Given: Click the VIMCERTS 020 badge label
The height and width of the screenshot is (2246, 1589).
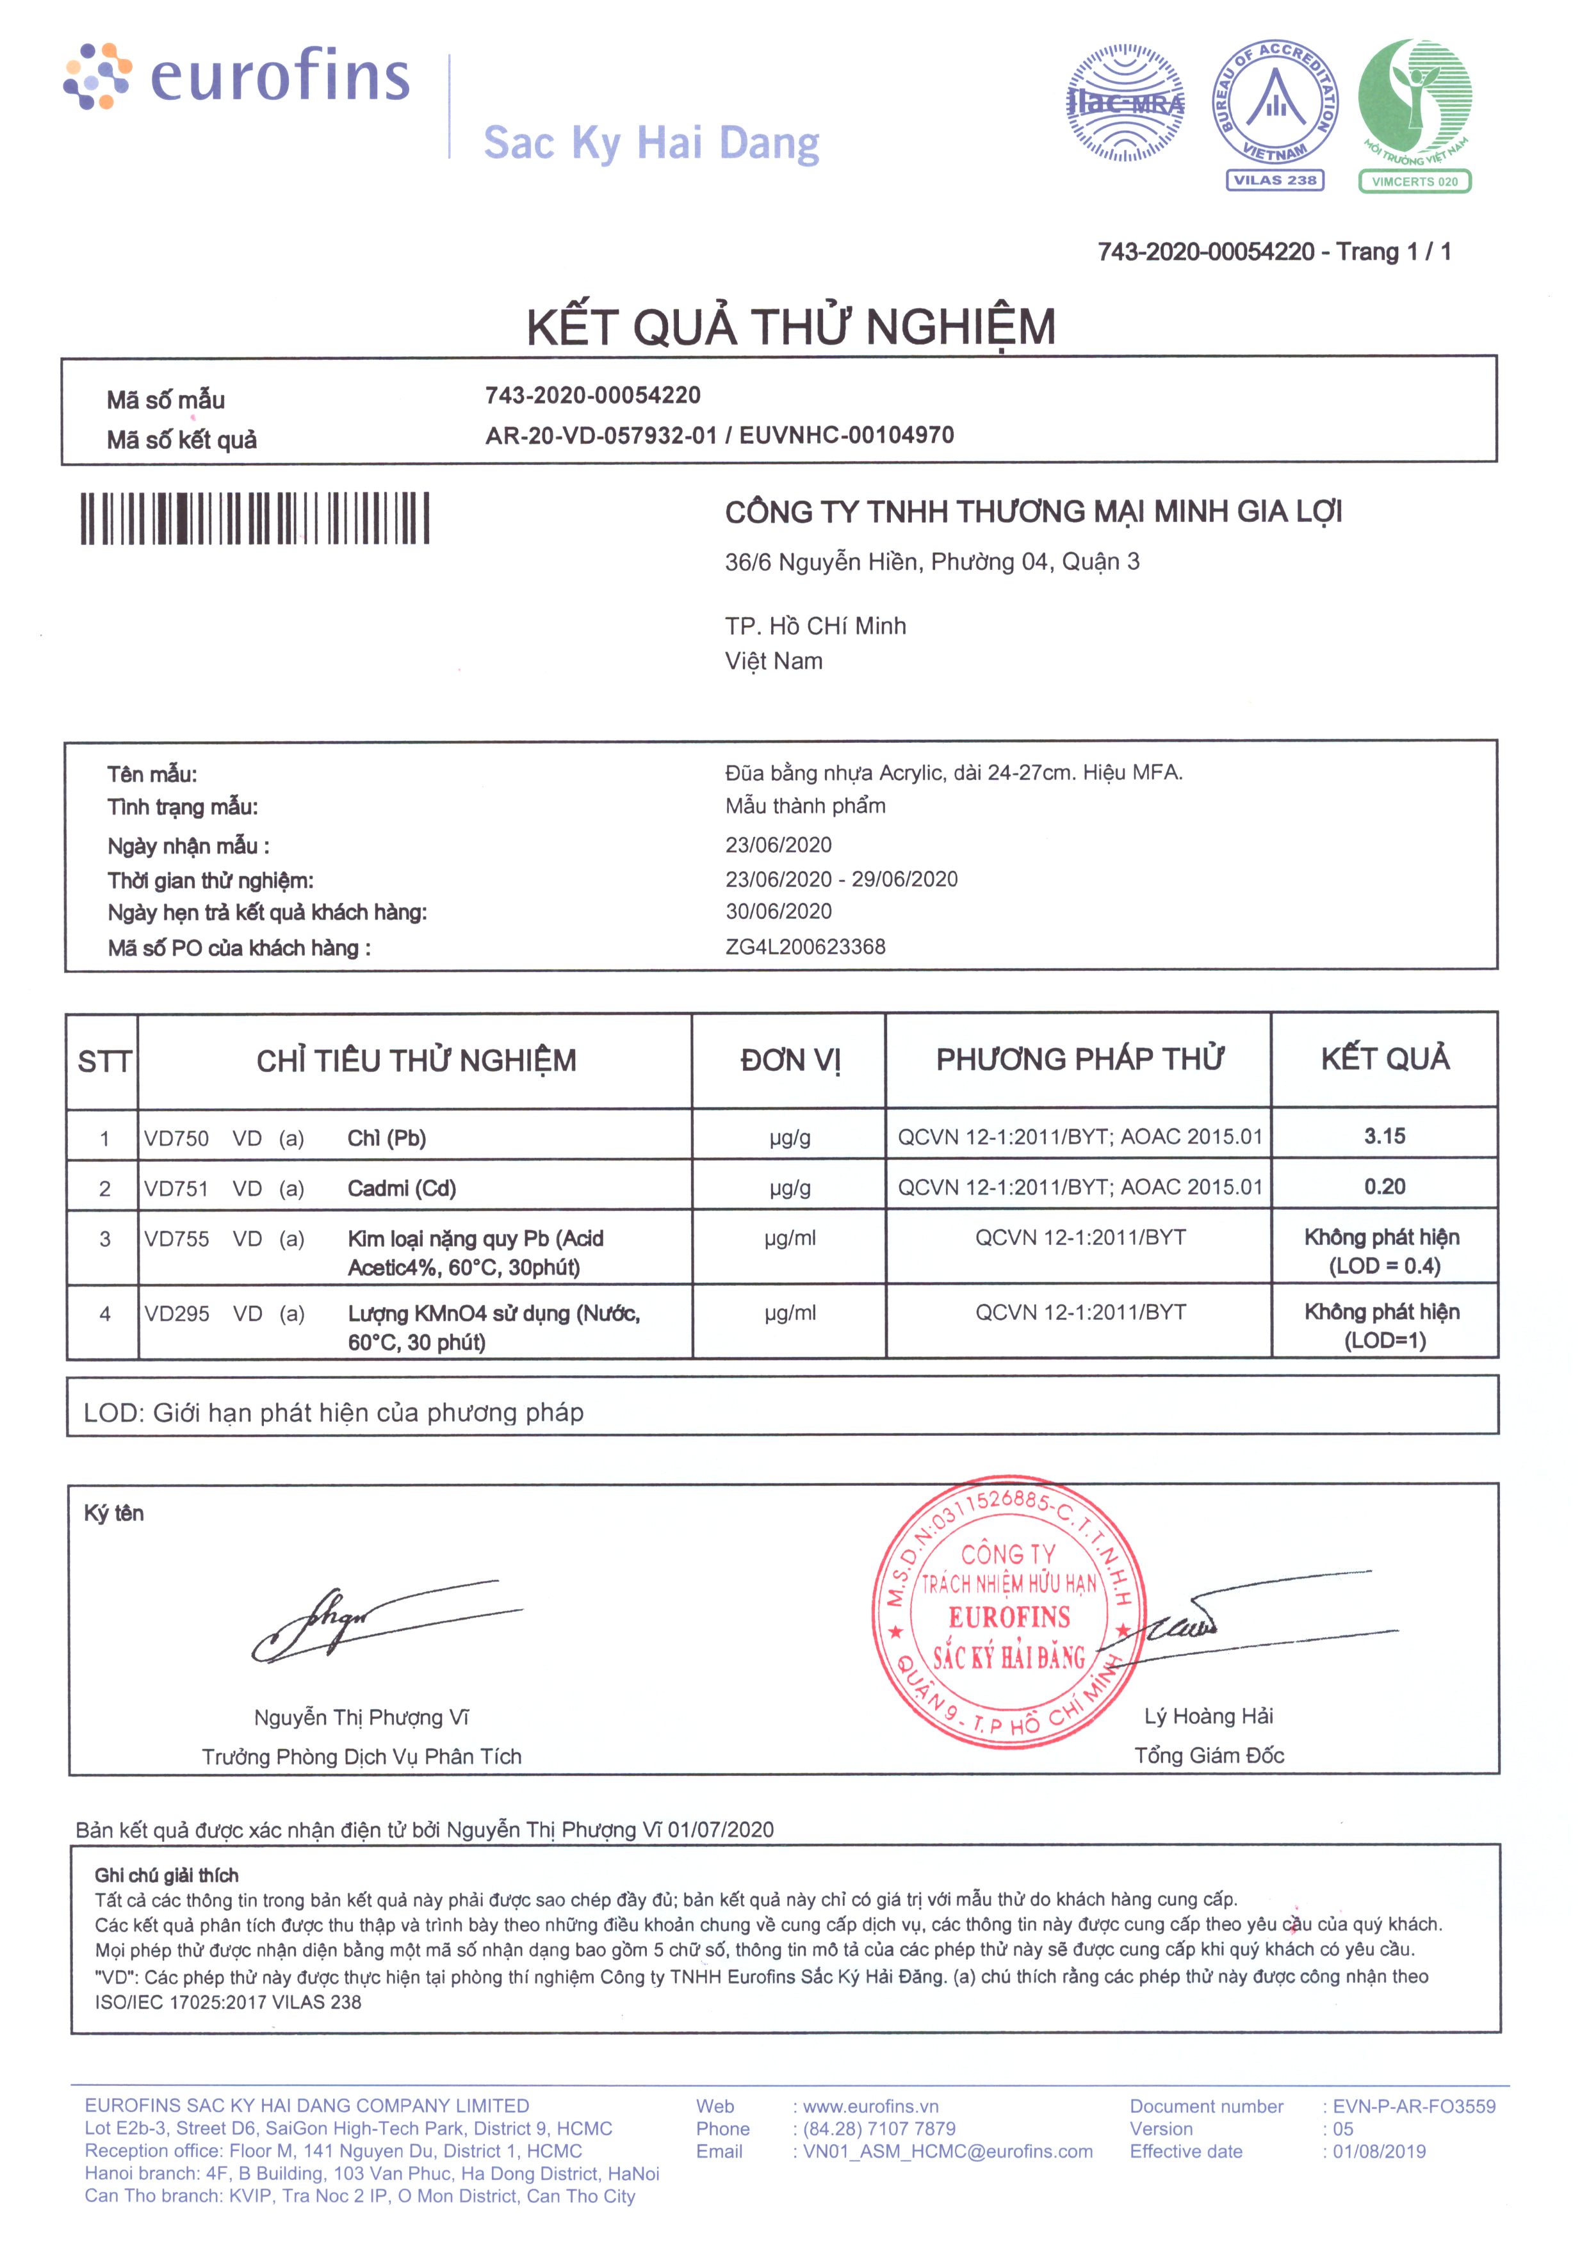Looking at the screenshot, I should [x=1414, y=181].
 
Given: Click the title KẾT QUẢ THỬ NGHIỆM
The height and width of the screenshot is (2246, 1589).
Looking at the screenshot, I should [x=790, y=327].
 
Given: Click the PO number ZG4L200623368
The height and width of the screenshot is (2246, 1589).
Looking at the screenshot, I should [x=805, y=947].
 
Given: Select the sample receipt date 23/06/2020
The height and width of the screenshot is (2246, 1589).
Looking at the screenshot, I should [x=778, y=845].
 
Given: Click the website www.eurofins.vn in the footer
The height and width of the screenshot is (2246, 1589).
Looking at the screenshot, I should [x=870, y=2106].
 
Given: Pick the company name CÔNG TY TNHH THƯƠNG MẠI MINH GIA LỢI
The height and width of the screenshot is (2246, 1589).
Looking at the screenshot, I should [x=1033, y=512].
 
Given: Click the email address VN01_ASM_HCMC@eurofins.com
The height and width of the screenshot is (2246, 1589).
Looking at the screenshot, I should [x=947, y=2151].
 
